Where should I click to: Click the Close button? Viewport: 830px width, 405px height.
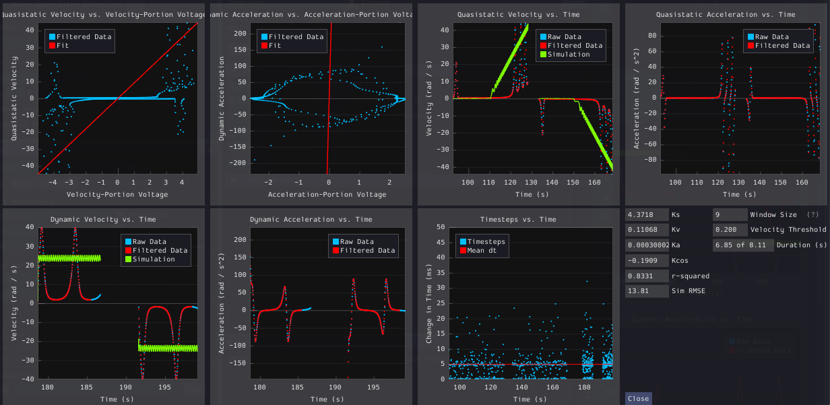click(638, 398)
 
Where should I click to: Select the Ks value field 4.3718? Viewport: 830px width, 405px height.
click(647, 214)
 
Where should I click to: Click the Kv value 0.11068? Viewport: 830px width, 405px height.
click(647, 230)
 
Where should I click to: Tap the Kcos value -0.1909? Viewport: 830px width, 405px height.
click(647, 260)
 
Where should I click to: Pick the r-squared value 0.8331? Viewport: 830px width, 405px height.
click(647, 276)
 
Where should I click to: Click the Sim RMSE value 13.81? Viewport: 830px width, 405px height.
click(647, 291)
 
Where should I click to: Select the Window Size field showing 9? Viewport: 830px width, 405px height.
click(729, 214)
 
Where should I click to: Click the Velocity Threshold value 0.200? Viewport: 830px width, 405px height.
click(729, 230)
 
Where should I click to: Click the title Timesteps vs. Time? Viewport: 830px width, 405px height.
click(518, 219)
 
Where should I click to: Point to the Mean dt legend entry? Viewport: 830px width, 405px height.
click(482, 250)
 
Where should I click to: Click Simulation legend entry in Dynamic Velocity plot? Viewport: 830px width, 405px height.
click(149, 259)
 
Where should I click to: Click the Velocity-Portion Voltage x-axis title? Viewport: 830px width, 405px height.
click(117, 194)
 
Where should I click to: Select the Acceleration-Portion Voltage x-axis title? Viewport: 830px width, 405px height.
click(327, 194)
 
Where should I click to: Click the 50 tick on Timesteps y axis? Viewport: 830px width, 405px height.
click(442, 227)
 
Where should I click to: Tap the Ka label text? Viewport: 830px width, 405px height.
click(676, 245)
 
